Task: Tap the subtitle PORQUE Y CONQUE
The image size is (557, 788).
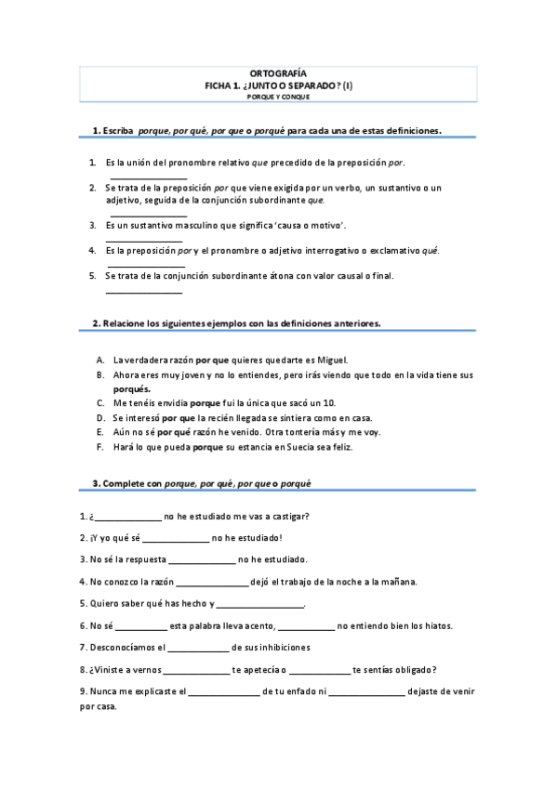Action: (278, 97)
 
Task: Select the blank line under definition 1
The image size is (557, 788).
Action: (149, 177)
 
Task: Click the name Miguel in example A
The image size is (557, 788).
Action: (331, 360)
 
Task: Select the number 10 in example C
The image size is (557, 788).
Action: (328, 403)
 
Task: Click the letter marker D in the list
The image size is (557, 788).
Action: (99, 418)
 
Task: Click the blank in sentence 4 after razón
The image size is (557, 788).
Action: (211, 584)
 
